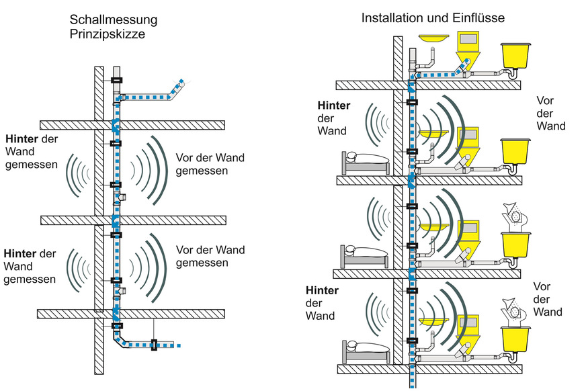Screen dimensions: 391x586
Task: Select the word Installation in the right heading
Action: pos(388,18)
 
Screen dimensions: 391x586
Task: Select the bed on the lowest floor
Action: pos(366,350)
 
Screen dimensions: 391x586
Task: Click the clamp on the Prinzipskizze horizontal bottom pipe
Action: pos(154,345)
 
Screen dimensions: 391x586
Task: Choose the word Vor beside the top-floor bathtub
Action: pos(545,101)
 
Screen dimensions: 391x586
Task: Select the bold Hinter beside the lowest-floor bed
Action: pos(322,290)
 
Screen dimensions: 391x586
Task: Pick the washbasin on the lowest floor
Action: pos(433,322)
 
